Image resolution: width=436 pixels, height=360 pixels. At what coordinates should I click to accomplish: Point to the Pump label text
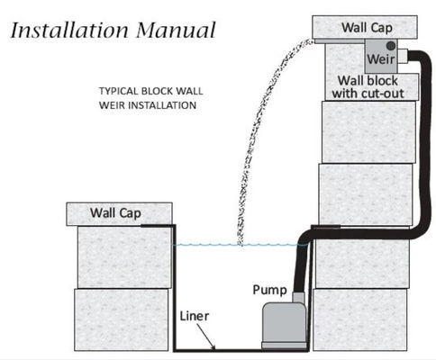[x=270, y=291]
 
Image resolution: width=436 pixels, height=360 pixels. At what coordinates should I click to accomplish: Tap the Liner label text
[x=195, y=317]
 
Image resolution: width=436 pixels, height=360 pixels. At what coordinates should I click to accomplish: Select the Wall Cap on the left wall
[x=118, y=213]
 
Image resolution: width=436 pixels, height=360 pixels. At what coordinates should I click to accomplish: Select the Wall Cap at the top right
[x=366, y=26]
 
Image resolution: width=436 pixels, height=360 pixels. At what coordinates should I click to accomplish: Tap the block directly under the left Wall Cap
[x=123, y=256]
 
